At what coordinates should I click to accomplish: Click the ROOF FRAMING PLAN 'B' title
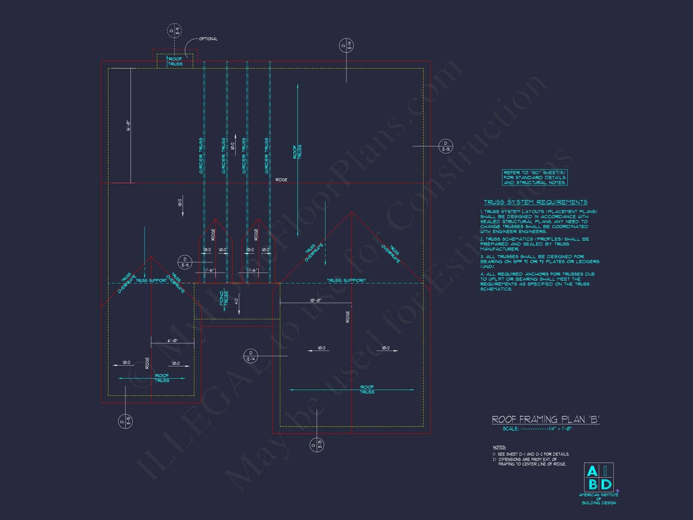click(x=545, y=419)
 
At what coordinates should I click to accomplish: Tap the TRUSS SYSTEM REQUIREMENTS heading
click(x=535, y=202)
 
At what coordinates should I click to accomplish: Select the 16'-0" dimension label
click(x=128, y=125)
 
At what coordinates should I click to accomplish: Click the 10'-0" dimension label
click(x=316, y=300)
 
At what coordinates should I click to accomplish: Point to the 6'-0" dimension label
click(x=172, y=340)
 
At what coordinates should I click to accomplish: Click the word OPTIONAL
click(x=208, y=39)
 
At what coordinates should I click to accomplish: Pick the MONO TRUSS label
click(x=224, y=298)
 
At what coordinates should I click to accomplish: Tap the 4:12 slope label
click(x=236, y=301)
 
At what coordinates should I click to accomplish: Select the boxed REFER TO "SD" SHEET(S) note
click(x=534, y=178)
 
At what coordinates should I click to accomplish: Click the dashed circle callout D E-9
click(x=174, y=31)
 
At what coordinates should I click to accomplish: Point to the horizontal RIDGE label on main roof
click(x=281, y=180)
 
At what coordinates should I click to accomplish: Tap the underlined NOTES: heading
click(x=499, y=447)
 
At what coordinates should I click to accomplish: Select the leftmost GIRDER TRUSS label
click(x=201, y=156)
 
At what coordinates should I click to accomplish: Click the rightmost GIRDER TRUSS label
click(x=266, y=156)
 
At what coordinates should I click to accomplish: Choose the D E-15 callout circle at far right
click(x=445, y=146)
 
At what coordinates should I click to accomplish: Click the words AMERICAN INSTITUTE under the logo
click(x=598, y=495)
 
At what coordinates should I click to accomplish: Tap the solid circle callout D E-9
click(x=185, y=262)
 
